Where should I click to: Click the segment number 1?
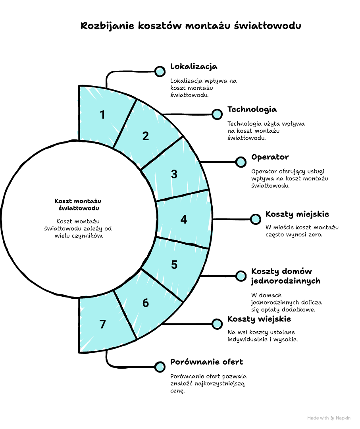(102, 115)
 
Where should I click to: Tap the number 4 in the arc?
(183, 219)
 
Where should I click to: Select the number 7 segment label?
(102, 325)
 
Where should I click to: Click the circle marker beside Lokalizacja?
(160, 71)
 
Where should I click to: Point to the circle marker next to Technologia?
(217, 114)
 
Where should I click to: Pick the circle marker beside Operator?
(241, 162)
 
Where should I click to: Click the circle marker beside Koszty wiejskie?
(217, 324)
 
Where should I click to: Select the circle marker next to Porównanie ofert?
(160, 367)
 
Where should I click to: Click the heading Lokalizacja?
(194, 66)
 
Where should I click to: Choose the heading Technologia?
(252, 109)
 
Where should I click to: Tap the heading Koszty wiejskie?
(259, 319)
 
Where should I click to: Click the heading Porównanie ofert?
(206, 362)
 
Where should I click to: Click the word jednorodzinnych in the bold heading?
(286, 281)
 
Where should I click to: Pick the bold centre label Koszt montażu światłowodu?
(78, 204)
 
